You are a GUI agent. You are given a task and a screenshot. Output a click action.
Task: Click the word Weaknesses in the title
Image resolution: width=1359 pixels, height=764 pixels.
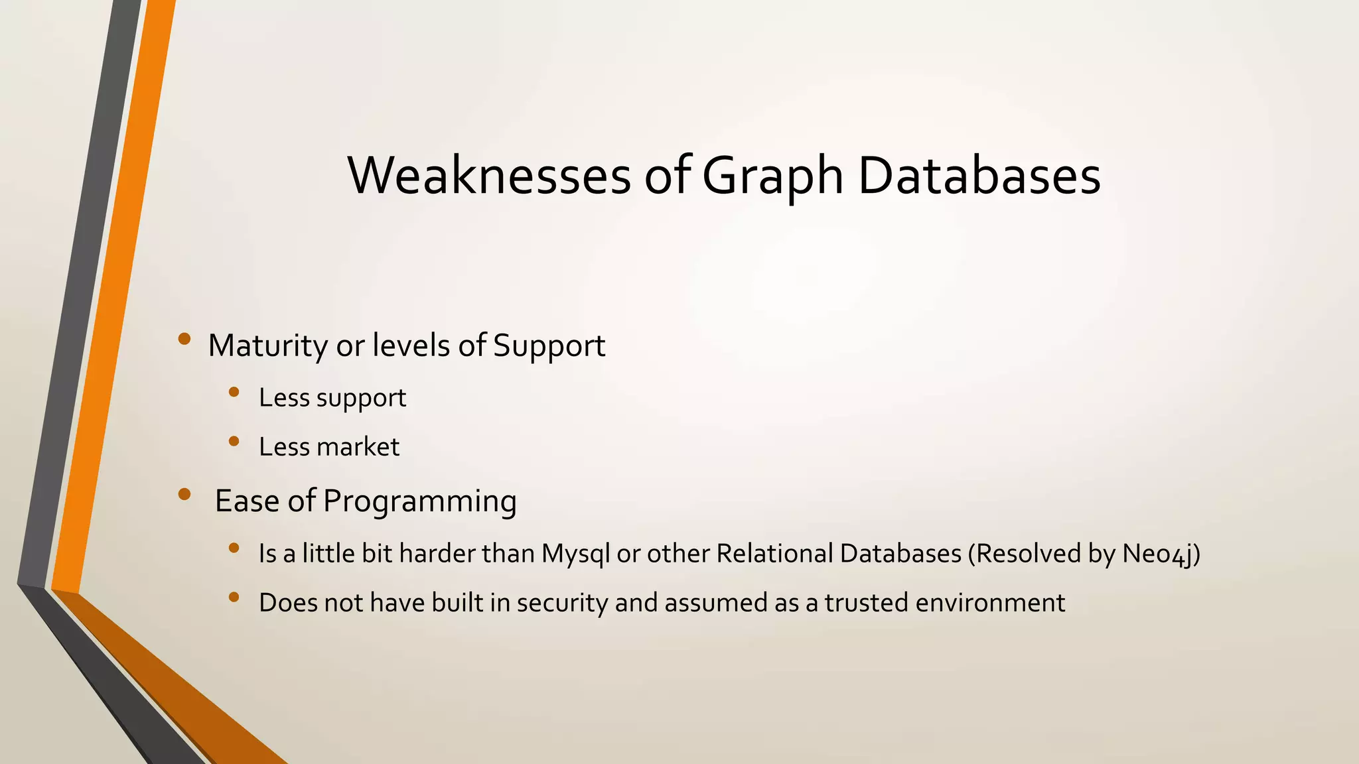click(489, 176)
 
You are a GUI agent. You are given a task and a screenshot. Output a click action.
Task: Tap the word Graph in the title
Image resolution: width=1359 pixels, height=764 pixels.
click(772, 177)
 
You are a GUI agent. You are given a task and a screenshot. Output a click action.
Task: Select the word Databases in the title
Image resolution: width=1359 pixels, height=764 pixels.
click(979, 176)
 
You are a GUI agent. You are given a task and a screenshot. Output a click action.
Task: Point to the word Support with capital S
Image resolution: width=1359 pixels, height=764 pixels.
click(549, 346)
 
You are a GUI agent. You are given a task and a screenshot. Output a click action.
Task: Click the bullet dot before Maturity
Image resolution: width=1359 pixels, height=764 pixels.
click(184, 340)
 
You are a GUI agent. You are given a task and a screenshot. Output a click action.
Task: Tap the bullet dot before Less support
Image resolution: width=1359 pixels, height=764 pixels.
click(234, 393)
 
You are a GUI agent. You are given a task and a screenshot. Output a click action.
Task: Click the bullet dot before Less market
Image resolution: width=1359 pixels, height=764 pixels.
click(234, 441)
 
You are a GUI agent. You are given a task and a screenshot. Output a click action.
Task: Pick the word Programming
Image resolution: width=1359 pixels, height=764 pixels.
click(419, 501)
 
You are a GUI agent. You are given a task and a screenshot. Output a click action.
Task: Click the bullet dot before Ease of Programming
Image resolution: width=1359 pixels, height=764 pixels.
click(184, 494)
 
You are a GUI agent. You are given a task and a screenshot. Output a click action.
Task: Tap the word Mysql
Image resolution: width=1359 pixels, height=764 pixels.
click(575, 554)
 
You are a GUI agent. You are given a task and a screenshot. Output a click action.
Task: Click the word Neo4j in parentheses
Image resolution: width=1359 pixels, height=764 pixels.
click(1160, 554)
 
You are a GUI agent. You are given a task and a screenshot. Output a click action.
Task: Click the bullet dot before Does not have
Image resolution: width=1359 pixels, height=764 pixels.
click(234, 597)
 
